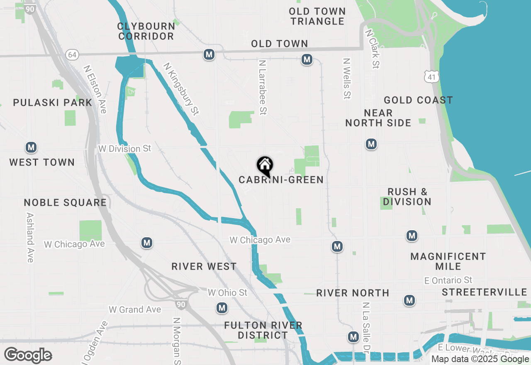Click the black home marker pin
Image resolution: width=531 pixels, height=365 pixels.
click(265, 166)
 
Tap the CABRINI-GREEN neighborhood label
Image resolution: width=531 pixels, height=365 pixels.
click(281, 180)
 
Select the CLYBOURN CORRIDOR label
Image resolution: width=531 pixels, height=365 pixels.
click(146, 31)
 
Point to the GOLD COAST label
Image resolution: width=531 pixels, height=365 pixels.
click(418, 100)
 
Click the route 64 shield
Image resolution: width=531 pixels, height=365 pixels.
click(72, 54)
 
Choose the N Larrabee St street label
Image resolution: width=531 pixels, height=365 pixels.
click(262, 87)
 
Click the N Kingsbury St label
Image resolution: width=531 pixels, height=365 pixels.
click(181, 89)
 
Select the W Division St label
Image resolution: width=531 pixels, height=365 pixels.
click(125, 148)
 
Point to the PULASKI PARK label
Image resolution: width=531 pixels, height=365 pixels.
click(52, 102)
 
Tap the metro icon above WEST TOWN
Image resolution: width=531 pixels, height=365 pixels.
click(31, 147)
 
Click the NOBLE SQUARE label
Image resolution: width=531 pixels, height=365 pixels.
click(65, 202)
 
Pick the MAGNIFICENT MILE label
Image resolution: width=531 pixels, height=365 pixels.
click(448, 261)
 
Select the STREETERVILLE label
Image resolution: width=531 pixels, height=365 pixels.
click(484, 292)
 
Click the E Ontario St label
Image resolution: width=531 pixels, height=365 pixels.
click(448, 280)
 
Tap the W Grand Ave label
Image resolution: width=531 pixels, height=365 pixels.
click(135, 309)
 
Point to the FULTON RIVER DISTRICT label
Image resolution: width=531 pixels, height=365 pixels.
click(263, 330)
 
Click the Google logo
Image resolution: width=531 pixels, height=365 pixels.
click(28, 355)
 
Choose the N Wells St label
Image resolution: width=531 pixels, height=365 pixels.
click(347, 78)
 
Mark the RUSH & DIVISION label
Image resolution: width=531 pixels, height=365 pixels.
click(407, 197)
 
